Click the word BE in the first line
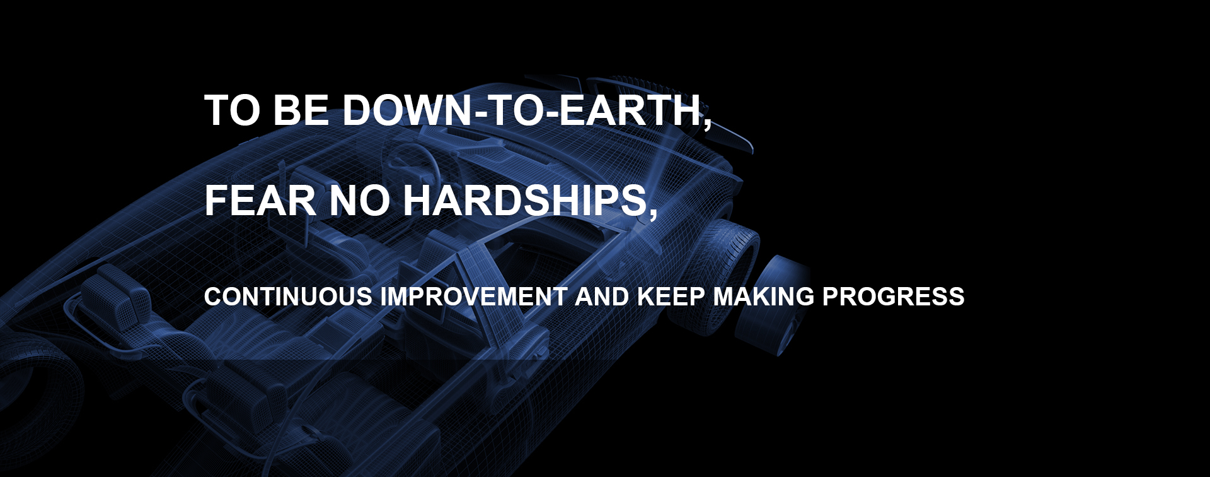pyautogui.click(x=301, y=110)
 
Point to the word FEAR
pyautogui.click(x=260, y=201)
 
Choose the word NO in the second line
pyautogui.click(x=360, y=201)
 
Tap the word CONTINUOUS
pyautogui.click(x=288, y=297)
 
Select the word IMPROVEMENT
pyautogui.click(x=474, y=297)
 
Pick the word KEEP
pyautogui.click(x=671, y=297)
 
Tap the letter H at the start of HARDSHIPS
pyautogui.click(x=418, y=201)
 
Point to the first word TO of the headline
pyautogui.click(x=232, y=110)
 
